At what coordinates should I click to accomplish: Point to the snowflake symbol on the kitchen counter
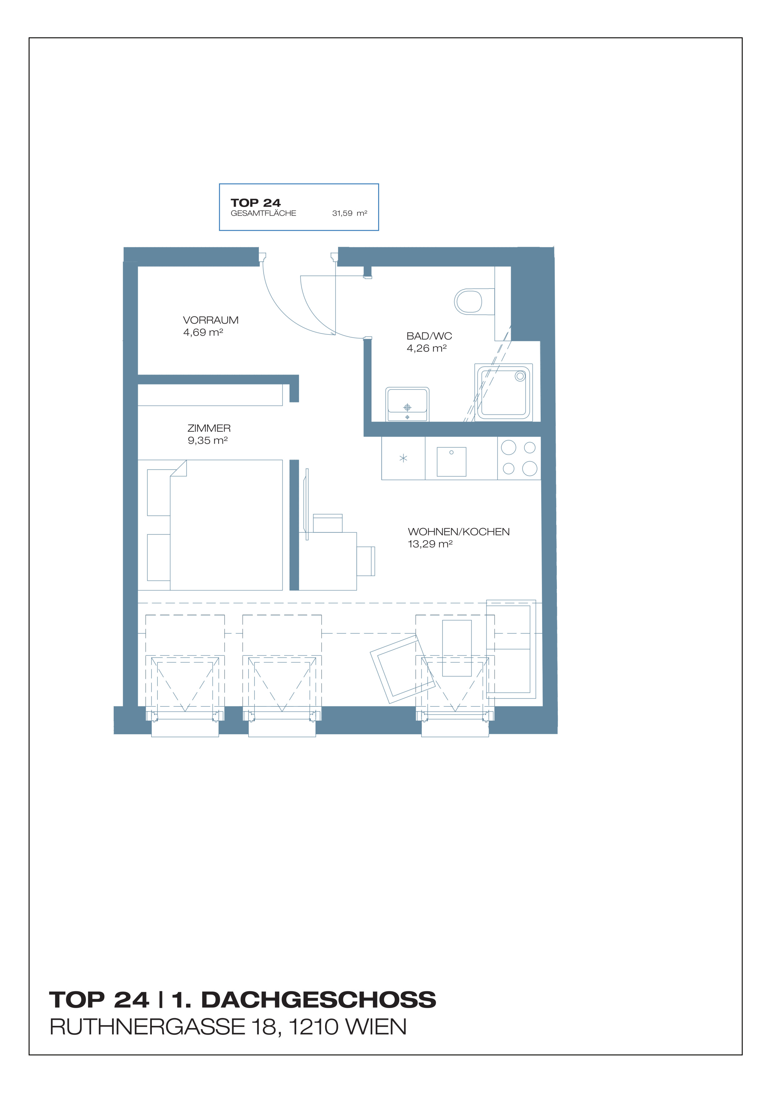click(403, 458)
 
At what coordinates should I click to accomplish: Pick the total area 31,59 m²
click(349, 213)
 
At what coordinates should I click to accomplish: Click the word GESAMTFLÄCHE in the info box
click(263, 213)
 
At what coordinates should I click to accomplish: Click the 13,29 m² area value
click(430, 544)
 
